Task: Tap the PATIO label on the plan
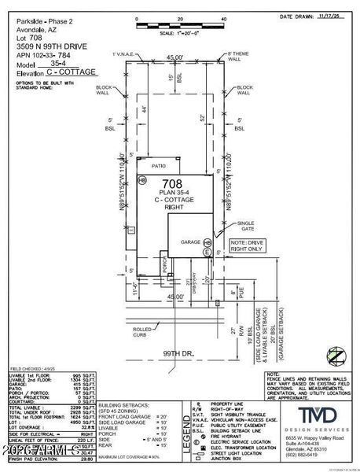160,167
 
